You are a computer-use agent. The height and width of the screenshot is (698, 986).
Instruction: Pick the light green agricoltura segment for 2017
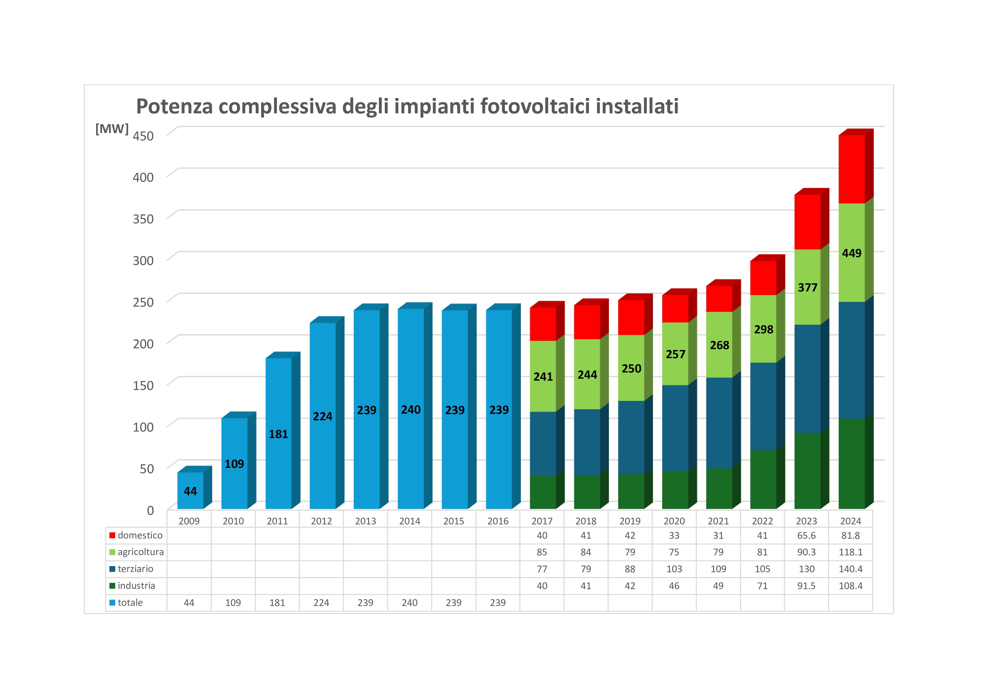pyautogui.click(x=543, y=376)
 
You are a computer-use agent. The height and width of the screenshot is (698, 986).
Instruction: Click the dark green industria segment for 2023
pyautogui.click(x=807, y=471)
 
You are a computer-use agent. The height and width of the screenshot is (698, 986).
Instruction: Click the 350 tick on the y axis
pyautogui.click(x=143, y=219)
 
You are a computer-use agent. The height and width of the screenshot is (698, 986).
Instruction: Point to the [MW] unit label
pyautogui.click(x=112, y=129)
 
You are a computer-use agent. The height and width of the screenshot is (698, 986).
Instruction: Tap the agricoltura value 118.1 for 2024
pyautogui.click(x=850, y=552)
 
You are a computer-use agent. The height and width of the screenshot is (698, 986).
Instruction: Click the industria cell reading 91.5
pyautogui.click(x=806, y=585)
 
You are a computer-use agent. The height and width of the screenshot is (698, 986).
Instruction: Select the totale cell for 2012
pyautogui.click(x=321, y=603)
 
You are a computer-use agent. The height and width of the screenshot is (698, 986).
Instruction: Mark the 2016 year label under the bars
pyautogui.click(x=498, y=521)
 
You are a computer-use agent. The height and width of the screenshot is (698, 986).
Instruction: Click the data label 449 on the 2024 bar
pyautogui.click(x=852, y=253)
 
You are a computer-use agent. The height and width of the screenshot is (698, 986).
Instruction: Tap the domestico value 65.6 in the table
pyautogui.click(x=806, y=535)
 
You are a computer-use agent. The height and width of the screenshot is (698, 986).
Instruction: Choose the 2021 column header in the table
pyautogui.click(x=718, y=521)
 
